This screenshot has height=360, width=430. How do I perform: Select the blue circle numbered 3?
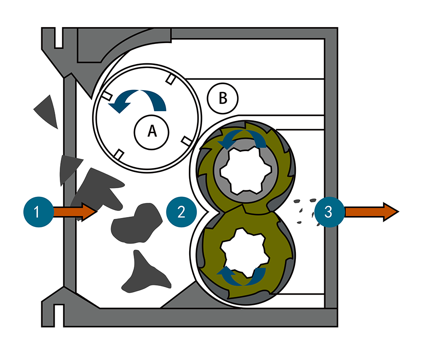pyautogui.click(x=329, y=212)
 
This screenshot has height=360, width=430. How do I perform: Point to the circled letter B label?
pyautogui.click(x=222, y=99)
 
